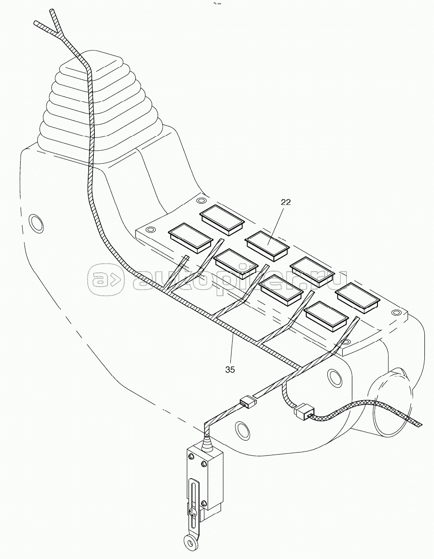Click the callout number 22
pos(286,202)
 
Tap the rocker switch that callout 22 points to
pos(267,246)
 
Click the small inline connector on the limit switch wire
pos(248,401)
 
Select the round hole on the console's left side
pos(36,223)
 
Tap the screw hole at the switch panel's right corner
pos(396,312)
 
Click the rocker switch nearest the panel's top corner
pos(222,220)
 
